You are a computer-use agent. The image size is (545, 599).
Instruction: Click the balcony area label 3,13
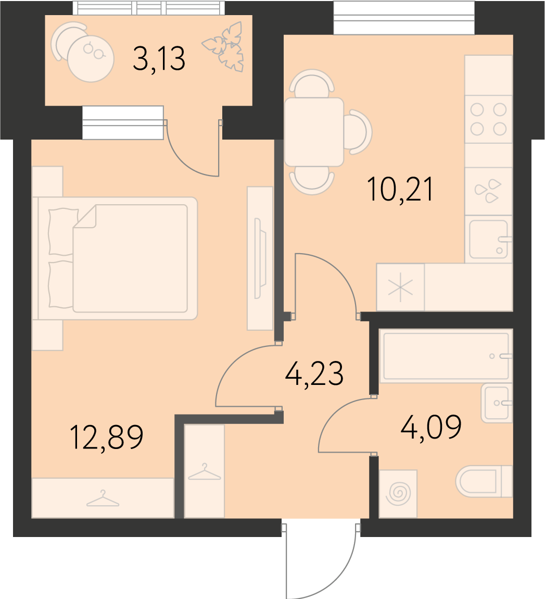[159, 58]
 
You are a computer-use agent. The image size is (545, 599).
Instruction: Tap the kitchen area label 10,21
[400, 189]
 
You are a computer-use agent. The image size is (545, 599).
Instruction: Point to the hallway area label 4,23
[314, 373]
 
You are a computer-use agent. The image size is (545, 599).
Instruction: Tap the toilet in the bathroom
[484, 481]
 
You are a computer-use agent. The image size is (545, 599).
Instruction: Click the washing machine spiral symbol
[398, 493]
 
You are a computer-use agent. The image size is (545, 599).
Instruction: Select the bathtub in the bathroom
[446, 357]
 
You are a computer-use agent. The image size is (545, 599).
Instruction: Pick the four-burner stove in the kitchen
[488, 119]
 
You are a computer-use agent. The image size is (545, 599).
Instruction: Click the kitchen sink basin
[488, 239]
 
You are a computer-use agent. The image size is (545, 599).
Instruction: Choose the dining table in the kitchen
[314, 132]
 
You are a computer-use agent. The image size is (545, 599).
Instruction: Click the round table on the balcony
[91, 58]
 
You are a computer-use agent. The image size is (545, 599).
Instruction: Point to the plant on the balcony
[224, 46]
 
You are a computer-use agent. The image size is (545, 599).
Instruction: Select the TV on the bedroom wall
[260, 258]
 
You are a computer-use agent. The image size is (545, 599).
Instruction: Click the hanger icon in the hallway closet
[204, 472]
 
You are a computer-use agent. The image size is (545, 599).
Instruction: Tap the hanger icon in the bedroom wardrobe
[103, 498]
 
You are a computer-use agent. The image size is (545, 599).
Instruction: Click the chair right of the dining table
[358, 132]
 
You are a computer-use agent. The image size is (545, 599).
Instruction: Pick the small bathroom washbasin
[497, 403]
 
